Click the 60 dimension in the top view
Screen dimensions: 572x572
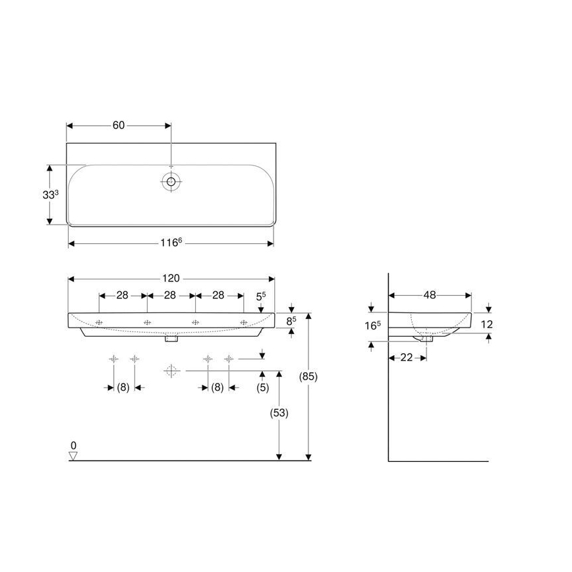[119, 125]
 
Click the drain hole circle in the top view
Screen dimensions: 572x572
[171, 181]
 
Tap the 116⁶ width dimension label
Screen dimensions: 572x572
[171, 243]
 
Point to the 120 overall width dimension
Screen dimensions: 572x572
[171, 279]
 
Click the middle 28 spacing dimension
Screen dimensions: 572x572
[170, 295]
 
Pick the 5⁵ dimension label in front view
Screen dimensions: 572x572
[260, 297]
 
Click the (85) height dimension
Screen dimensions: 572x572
[308, 377]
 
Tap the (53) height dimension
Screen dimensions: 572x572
[279, 413]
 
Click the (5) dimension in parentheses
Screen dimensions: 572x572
[262, 388]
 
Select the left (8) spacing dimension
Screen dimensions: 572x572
[123, 388]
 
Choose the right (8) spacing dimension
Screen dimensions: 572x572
[217, 388]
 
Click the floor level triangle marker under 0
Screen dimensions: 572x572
[73, 455]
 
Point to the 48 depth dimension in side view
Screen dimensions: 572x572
[430, 295]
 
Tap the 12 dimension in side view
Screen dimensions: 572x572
[486, 324]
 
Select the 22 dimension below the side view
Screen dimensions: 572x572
[407, 357]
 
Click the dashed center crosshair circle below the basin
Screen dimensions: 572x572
[171, 370]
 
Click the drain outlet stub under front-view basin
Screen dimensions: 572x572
[171, 341]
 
